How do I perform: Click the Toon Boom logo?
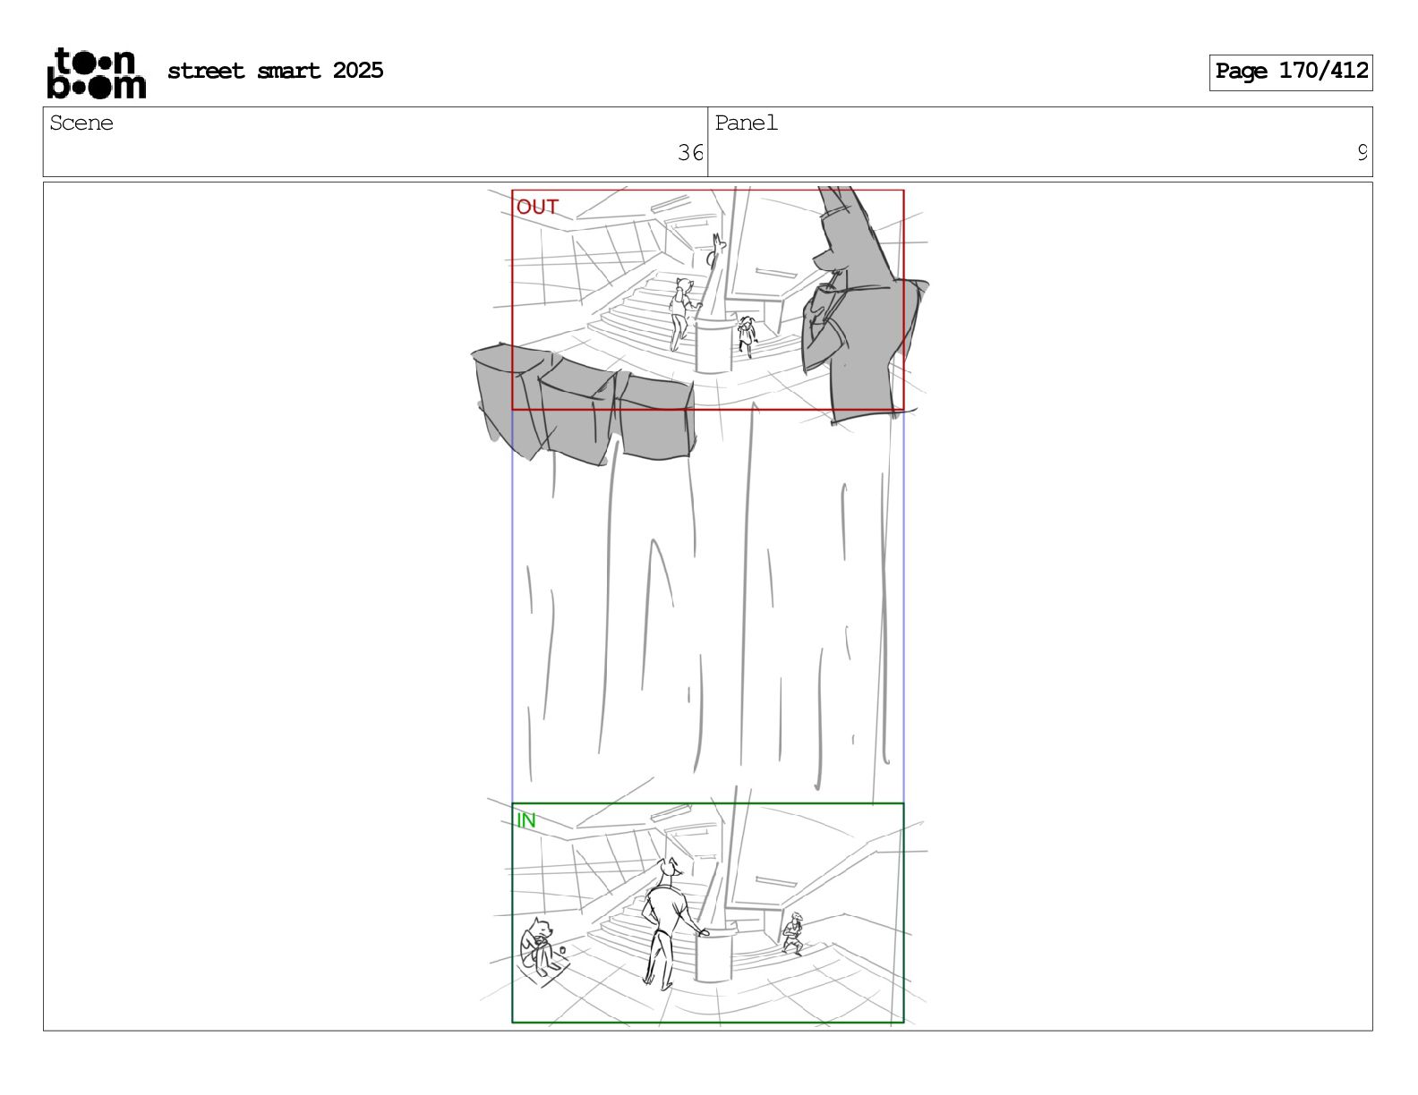pyautogui.click(x=97, y=73)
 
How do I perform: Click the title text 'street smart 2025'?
pyautogui.click(x=276, y=71)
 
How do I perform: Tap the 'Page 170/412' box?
pyautogui.click(x=1290, y=72)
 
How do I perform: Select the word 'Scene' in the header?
pyautogui.click(x=81, y=123)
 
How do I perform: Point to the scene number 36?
pyautogui.click(x=689, y=153)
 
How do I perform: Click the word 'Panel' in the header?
pyautogui.click(x=746, y=123)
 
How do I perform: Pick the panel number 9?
pyautogui.click(x=1362, y=153)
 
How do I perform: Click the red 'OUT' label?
pyautogui.click(x=537, y=207)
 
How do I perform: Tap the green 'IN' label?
pyautogui.click(x=526, y=819)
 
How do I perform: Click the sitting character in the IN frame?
pyautogui.click(x=539, y=946)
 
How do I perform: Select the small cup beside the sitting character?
pyautogui.click(x=562, y=950)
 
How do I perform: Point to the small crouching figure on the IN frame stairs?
pyautogui.click(x=793, y=933)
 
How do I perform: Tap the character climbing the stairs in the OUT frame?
pyautogui.click(x=681, y=313)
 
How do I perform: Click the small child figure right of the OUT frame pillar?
pyautogui.click(x=746, y=335)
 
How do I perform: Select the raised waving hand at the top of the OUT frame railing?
pyautogui.click(x=719, y=243)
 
